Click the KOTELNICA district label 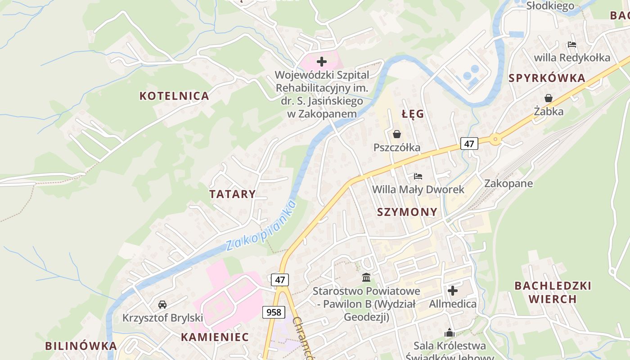point(174,96)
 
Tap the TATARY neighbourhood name point(232,194)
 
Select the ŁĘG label point(413,114)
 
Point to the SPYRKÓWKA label point(547,78)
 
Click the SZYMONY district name point(407,212)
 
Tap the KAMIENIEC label point(215,337)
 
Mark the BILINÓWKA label point(81,346)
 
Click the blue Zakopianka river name point(261,226)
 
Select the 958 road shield point(274,312)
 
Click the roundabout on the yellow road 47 point(495,139)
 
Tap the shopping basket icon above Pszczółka point(396,134)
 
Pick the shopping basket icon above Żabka point(549,98)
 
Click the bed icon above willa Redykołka point(572,45)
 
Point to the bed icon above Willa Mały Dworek point(418,176)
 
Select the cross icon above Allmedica point(453,291)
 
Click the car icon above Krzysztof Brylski point(162,305)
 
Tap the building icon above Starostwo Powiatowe point(366,277)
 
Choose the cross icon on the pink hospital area point(322,62)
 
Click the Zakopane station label point(508,184)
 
